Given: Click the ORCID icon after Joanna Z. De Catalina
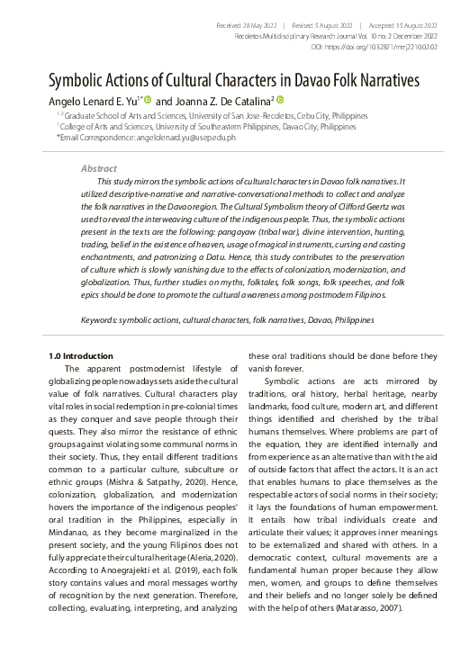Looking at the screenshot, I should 280,100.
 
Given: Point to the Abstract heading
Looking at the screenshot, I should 98,168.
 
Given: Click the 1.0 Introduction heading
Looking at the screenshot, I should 81,356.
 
